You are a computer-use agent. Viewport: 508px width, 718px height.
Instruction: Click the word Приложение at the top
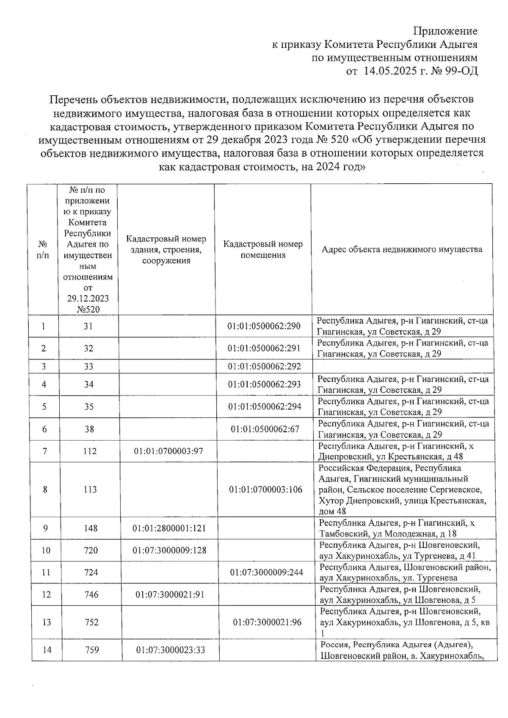(445, 31)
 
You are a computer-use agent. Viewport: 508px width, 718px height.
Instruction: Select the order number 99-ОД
(461, 71)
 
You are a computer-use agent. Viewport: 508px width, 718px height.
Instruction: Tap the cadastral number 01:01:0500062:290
(264, 326)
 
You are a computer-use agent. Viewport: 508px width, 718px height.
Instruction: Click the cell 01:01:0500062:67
(265, 429)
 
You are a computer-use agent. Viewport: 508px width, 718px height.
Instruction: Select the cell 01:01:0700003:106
(266, 490)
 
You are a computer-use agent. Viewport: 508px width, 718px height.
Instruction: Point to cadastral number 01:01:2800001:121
(166, 528)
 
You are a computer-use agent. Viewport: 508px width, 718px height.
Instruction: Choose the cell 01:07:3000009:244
(267, 572)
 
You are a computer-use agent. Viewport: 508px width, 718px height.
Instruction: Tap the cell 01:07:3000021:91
(170, 594)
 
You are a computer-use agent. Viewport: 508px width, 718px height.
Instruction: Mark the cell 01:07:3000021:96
(268, 622)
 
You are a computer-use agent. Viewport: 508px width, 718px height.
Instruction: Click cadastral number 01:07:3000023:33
(171, 649)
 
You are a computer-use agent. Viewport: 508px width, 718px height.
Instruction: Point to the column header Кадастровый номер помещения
(263, 249)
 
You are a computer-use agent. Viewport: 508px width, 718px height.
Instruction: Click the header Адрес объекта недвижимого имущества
(402, 249)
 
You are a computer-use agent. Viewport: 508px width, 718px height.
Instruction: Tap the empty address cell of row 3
(402, 366)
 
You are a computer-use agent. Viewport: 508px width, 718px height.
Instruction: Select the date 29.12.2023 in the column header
(88, 298)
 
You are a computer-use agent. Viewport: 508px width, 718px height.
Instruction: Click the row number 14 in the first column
(47, 649)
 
